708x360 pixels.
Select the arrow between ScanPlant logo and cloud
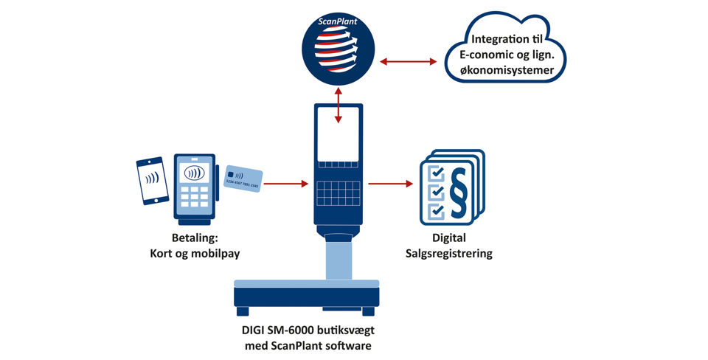409,62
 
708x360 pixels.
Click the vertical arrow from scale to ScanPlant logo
339,105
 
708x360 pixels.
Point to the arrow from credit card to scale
286,184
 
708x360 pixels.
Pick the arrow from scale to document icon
390,184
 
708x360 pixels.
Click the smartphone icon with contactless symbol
152,181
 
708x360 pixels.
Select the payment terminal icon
195,188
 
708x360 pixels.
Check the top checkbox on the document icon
437,173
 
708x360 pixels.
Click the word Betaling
195,238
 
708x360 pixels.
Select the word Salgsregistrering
448,254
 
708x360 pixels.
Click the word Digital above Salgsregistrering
448,238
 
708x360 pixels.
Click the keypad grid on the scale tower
339,193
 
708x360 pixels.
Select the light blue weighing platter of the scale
306,283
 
